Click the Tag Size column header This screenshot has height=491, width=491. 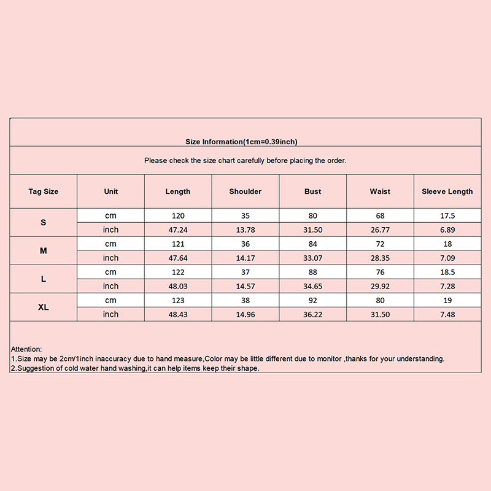[43, 191]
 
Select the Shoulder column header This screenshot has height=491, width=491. [245, 191]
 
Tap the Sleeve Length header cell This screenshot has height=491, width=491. [447, 191]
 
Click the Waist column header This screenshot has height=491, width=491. [380, 191]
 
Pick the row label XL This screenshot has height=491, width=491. [43, 307]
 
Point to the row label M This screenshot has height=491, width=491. [43, 251]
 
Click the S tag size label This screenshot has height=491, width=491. [43, 222]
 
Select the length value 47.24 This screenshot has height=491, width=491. [178, 230]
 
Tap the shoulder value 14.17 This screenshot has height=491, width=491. [245, 258]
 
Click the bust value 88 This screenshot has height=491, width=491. [313, 272]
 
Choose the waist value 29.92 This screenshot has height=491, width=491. [380, 286]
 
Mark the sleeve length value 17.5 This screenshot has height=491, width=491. [447, 216]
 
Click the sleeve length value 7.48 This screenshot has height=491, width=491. [447, 314]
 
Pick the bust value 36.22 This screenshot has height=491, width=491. [313, 314]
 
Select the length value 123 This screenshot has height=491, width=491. [178, 301]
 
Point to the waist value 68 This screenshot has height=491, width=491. [380, 216]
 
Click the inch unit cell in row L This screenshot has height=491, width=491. [110, 286]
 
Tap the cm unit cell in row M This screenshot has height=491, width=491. [110, 244]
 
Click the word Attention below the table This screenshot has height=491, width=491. [26, 349]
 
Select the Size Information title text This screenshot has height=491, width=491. [241, 142]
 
